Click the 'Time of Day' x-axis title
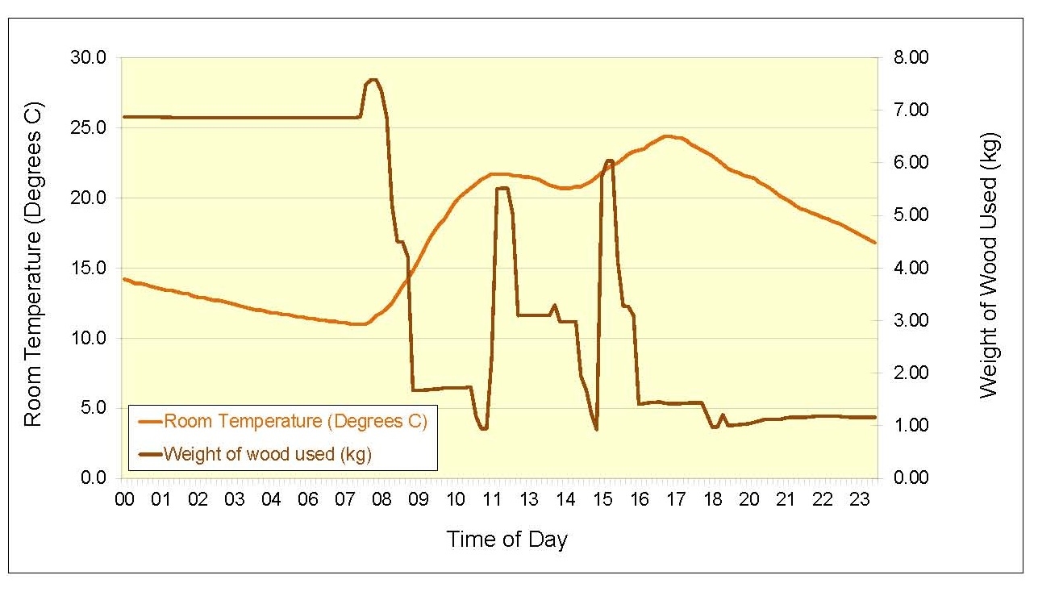(506, 540)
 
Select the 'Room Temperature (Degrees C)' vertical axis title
(32, 265)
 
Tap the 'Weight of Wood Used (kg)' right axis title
(989, 266)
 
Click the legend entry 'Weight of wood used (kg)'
(267, 454)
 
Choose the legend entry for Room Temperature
(294, 421)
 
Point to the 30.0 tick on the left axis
(90, 58)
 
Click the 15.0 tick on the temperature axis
(90, 268)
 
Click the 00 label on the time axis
(124, 500)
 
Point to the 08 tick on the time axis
(381, 500)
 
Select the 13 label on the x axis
(528, 500)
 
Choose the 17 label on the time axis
(675, 500)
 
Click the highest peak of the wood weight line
(373, 80)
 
